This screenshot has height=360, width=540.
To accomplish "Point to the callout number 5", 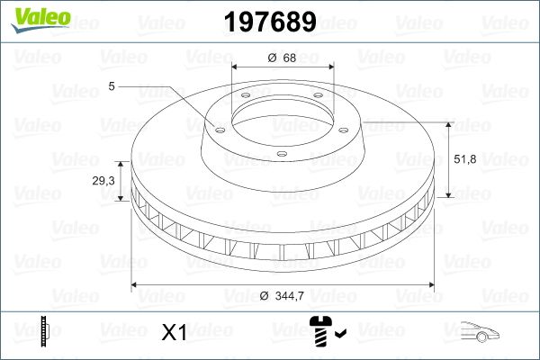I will [x=112, y=86].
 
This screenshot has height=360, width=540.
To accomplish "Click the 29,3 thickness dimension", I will [x=103, y=181].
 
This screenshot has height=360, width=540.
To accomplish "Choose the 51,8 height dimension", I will [x=465, y=158].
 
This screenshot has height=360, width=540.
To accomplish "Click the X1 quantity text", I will [x=173, y=333].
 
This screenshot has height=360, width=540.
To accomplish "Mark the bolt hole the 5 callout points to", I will [x=216, y=126].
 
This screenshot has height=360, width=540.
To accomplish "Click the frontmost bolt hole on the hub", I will [x=280, y=154].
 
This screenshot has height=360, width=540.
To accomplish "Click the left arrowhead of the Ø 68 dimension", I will [x=237, y=67].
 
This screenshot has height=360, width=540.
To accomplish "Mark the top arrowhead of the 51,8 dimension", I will [x=447, y=124].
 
